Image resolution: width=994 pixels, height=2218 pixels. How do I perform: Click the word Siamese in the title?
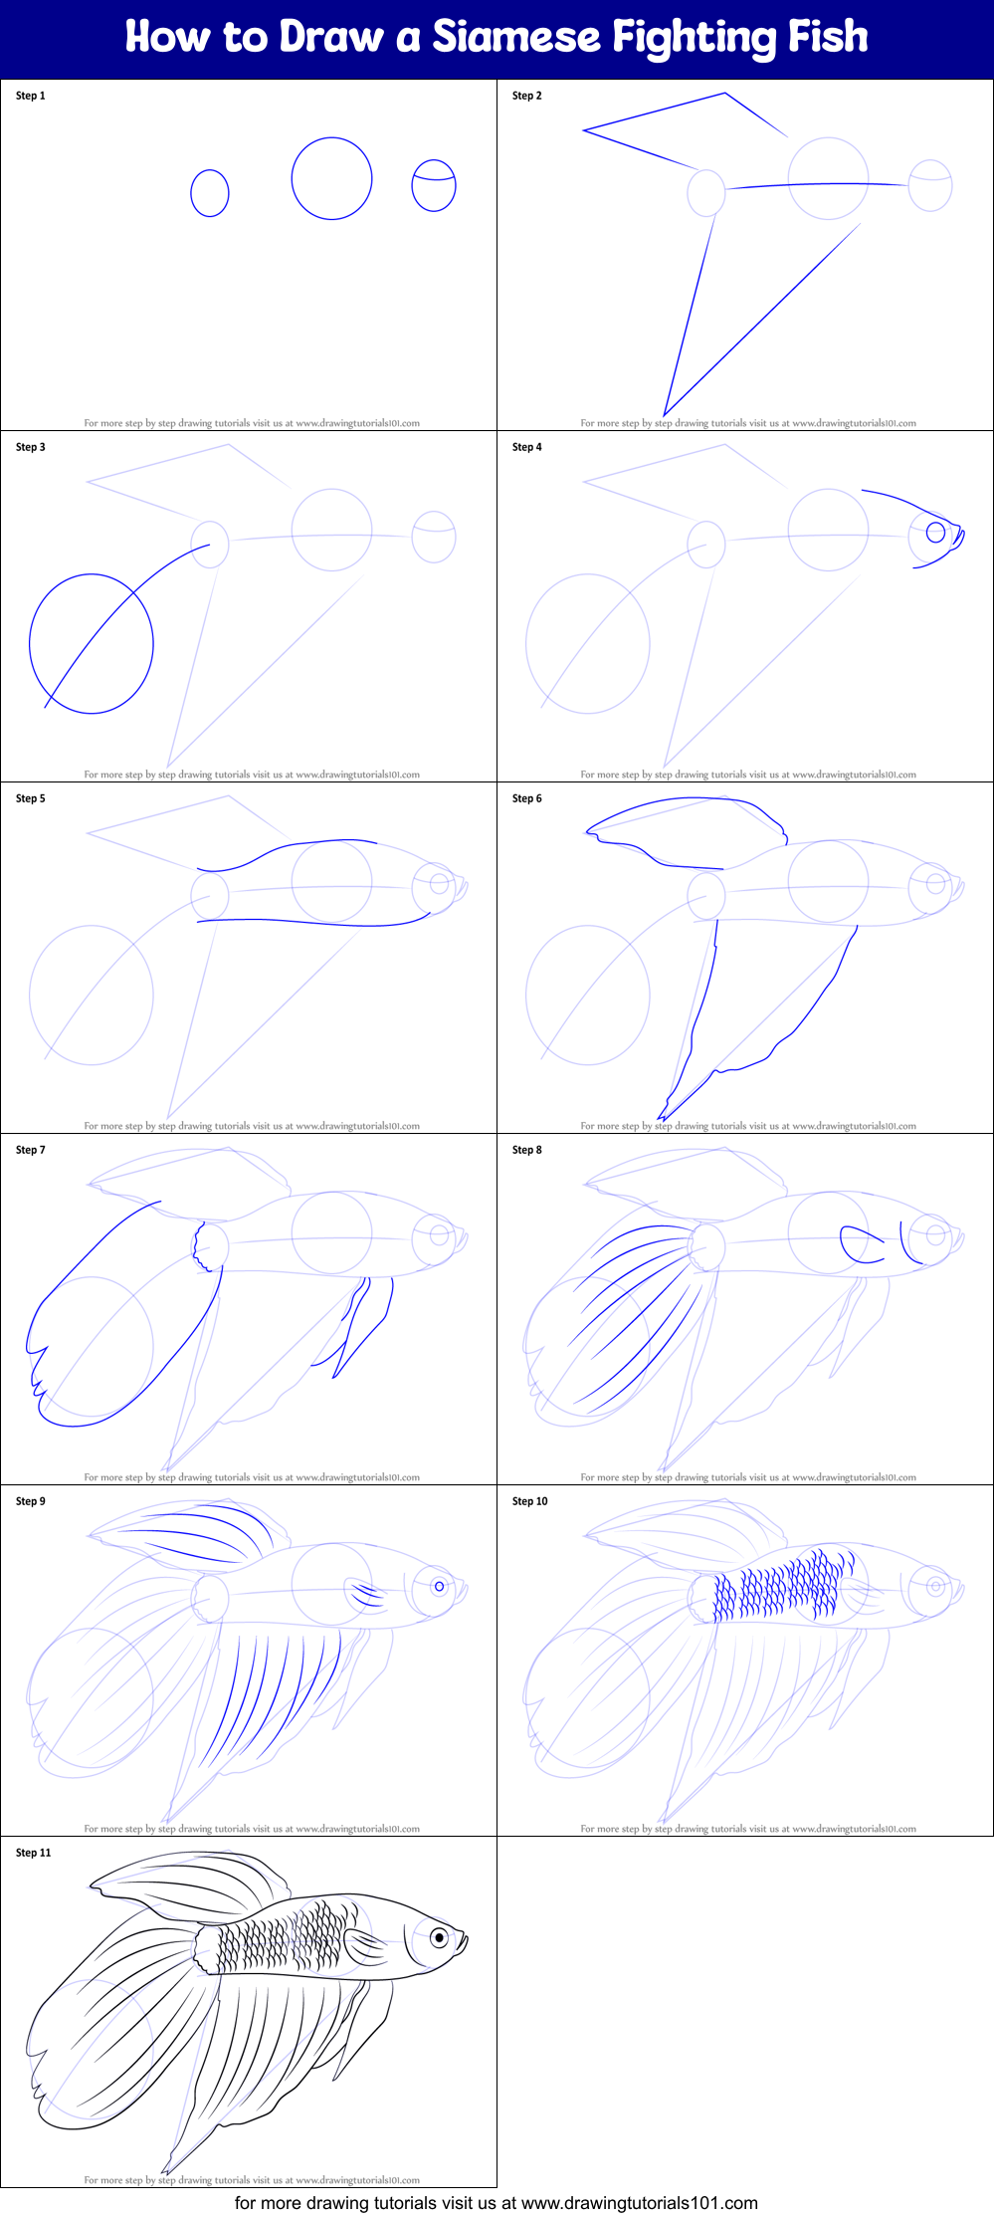[515, 38]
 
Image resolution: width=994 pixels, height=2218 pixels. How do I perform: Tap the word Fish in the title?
[828, 38]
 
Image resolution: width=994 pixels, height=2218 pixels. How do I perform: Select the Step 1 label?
[31, 97]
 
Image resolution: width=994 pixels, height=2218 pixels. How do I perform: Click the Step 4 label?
[527, 448]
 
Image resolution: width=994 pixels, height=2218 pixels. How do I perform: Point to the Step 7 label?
[31, 1151]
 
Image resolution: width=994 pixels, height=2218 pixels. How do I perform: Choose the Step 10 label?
[530, 1502]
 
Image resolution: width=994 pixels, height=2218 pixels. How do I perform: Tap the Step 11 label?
[34, 1854]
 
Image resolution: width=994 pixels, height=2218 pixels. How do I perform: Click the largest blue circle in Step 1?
[331, 179]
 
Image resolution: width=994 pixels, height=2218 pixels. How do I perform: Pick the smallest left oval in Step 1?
[210, 193]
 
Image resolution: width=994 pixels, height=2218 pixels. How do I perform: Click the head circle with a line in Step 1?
[434, 185]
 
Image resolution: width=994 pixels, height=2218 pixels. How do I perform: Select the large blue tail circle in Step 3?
[92, 644]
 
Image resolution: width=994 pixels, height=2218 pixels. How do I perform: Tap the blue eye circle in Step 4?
[935, 532]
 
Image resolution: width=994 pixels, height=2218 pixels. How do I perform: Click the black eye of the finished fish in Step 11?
[439, 1937]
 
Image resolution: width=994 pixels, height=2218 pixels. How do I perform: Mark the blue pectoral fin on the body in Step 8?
[862, 1244]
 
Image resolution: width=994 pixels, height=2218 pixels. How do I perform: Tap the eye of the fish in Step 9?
[439, 1586]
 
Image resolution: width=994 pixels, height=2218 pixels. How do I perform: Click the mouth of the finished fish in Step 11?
[464, 1940]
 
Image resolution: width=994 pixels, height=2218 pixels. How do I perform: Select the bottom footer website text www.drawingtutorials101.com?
[639, 2203]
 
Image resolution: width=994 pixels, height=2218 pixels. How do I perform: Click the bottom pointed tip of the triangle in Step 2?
[664, 414]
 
